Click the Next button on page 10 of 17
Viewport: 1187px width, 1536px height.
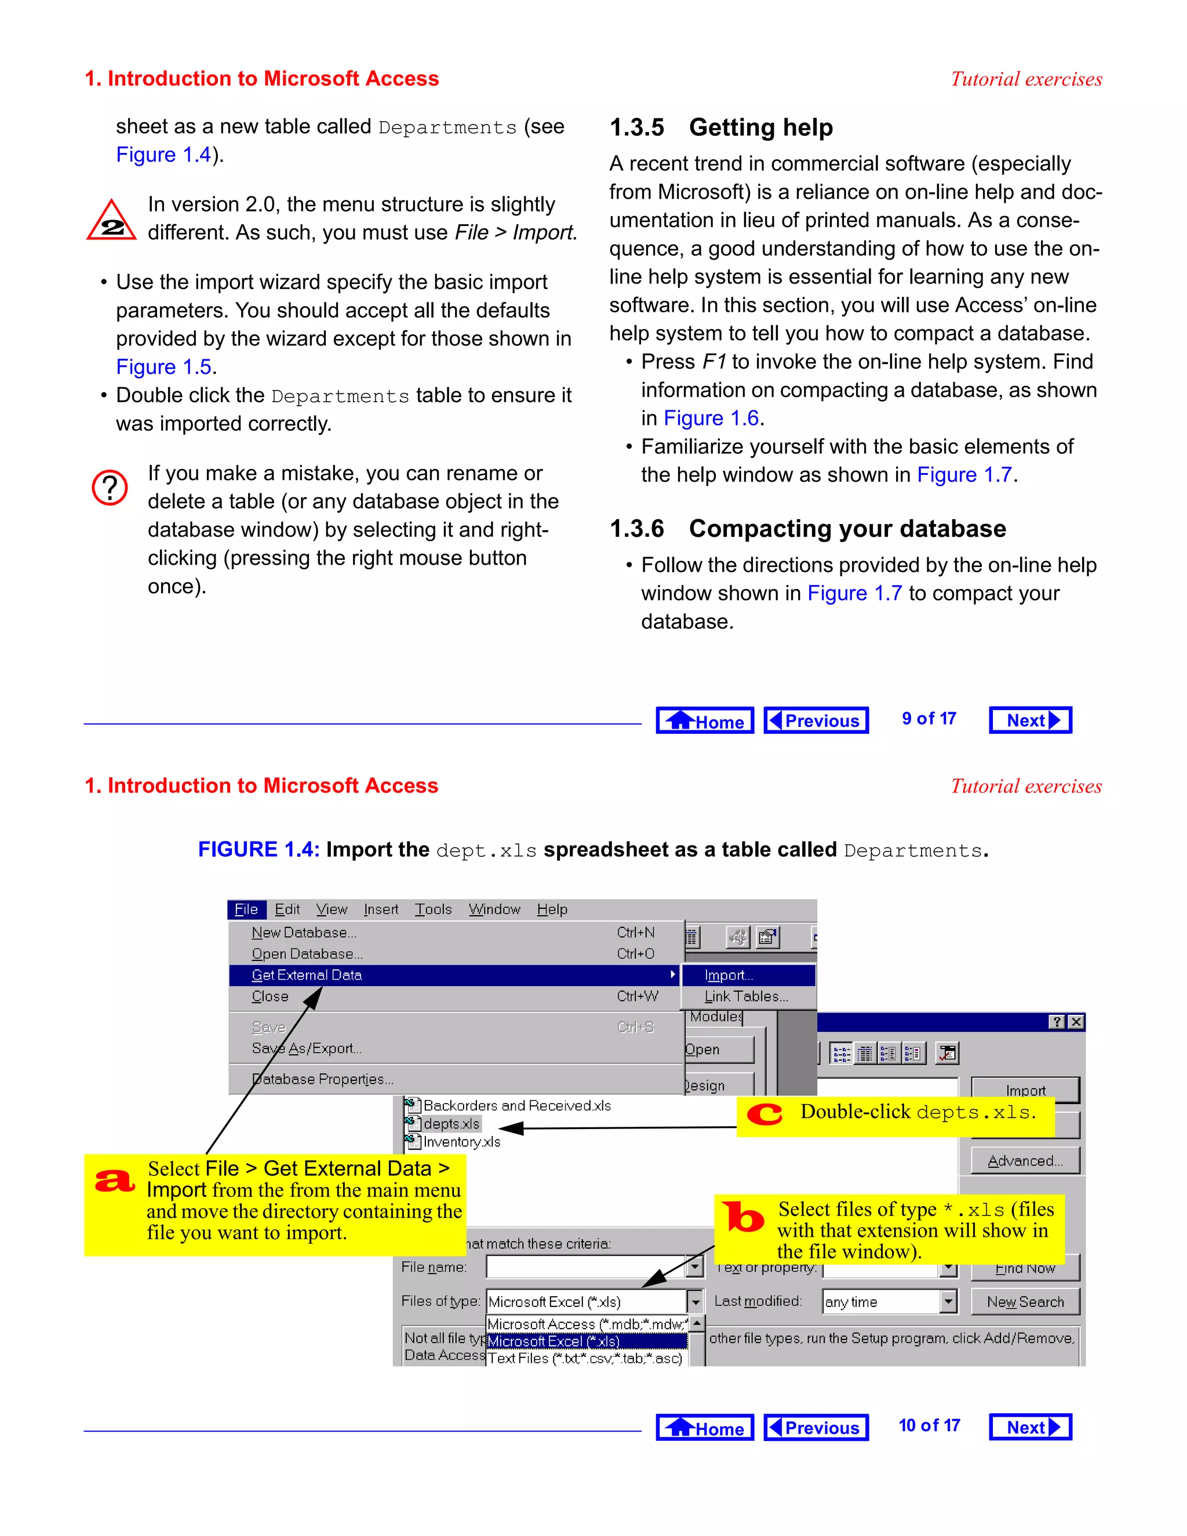[x=1030, y=1427]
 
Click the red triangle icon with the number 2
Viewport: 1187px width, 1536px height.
[x=111, y=221]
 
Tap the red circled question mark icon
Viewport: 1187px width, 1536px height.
[x=110, y=487]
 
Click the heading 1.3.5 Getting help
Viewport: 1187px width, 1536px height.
[x=721, y=128]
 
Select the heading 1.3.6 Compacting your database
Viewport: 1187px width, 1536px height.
[x=807, y=528]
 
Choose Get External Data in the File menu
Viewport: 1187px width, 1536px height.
[x=307, y=976]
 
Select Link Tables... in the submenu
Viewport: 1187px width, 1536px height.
[x=746, y=996]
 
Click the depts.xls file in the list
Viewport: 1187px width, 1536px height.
[x=451, y=1124]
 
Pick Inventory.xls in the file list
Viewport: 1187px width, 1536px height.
[x=461, y=1142]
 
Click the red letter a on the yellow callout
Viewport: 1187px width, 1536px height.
[x=115, y=1181]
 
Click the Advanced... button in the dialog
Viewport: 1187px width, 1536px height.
[x=1025, y=1161]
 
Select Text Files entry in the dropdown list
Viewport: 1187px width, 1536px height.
[x=584, y=1359]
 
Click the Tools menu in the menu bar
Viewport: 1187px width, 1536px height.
[x=433, y=909]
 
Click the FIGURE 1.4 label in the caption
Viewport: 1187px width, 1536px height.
[x=258, y=850]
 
